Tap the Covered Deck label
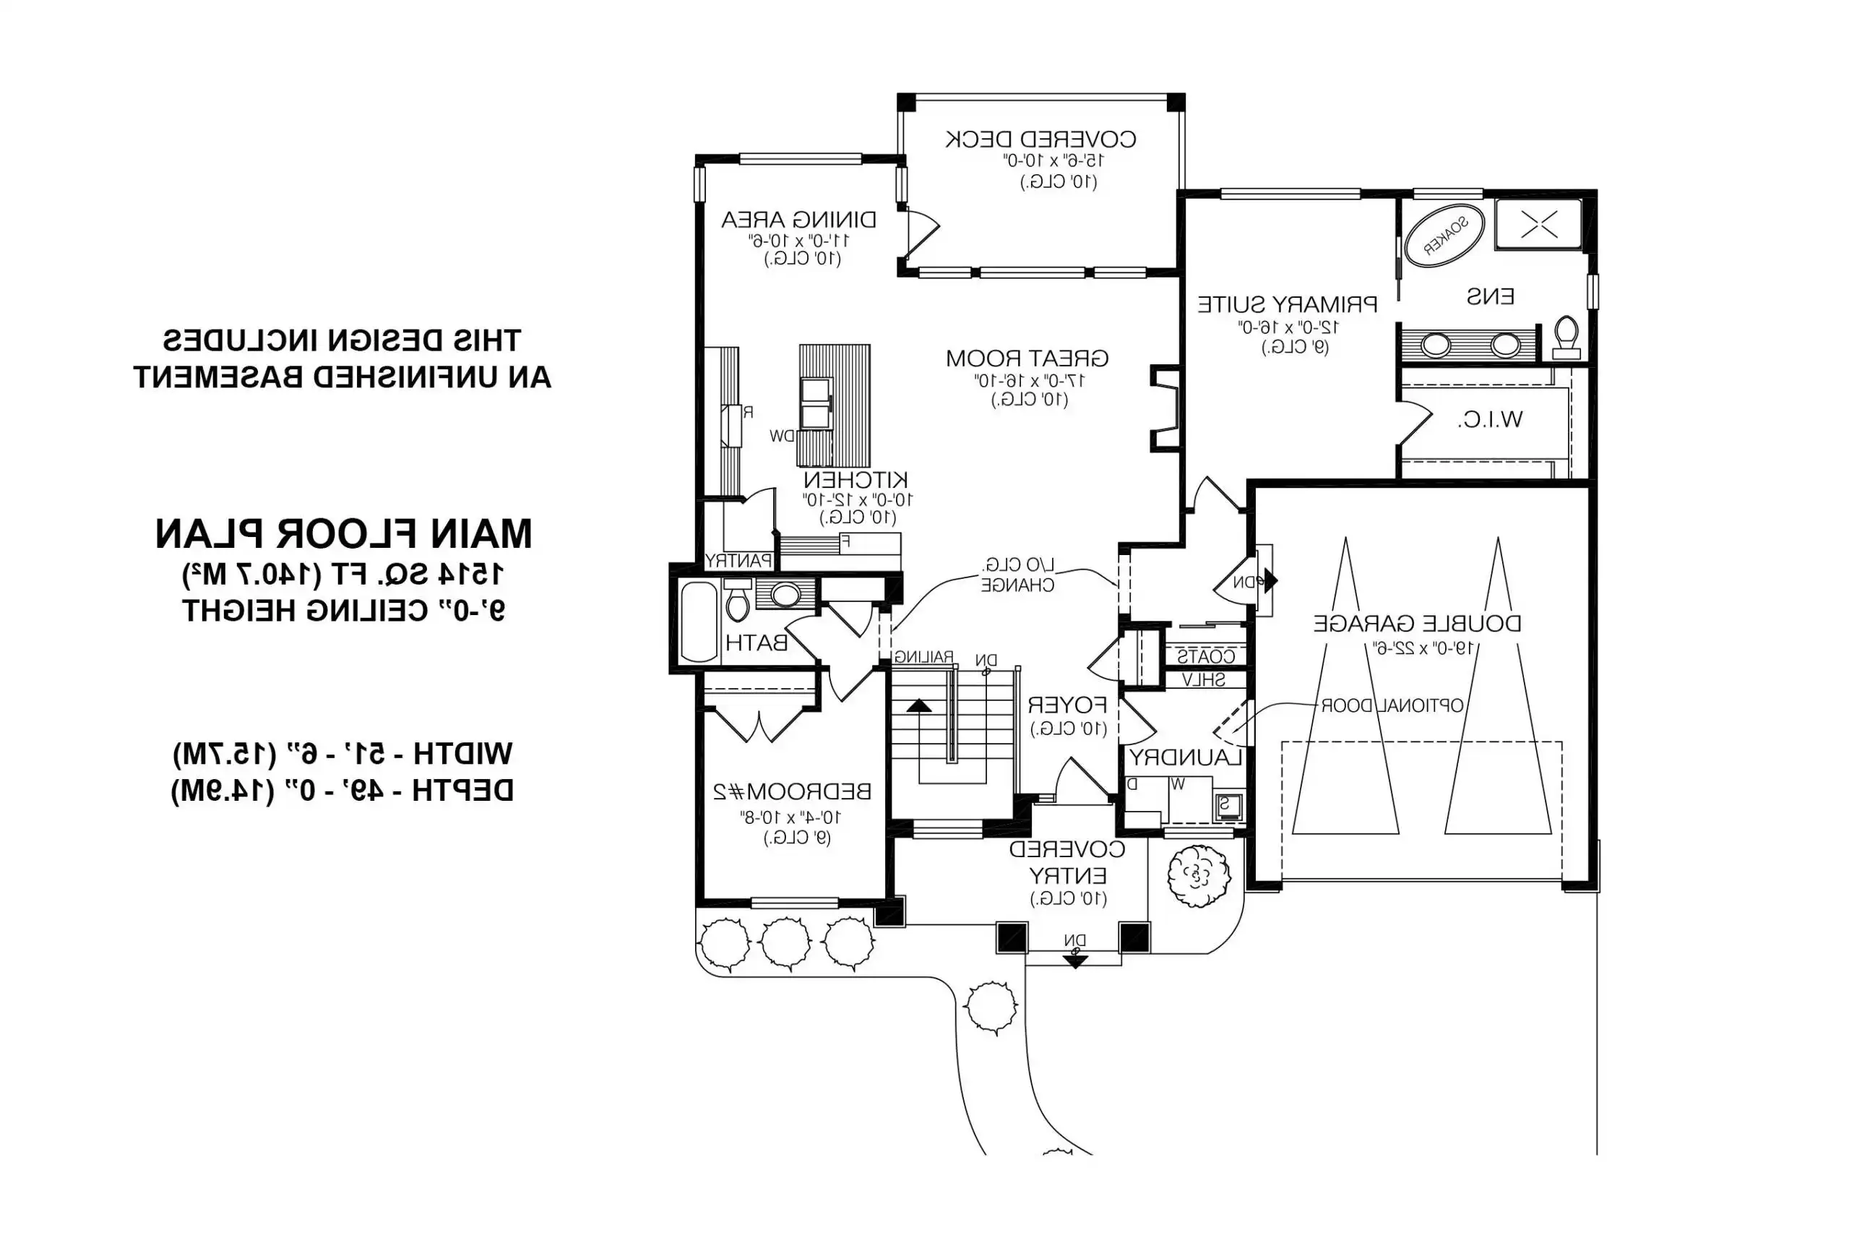[1040, 140]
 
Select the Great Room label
[1027, 358]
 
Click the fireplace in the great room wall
[1167, 409]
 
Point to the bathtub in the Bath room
[698, 622]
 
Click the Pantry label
[738, 561]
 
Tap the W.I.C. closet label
[1490, 420]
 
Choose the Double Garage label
[1417, 624]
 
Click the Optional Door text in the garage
[1392, 705]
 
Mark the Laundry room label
[1185, 757]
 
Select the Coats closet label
[1205, 656]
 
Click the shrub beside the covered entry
[1197, 875]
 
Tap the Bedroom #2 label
[792, 791]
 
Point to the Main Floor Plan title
[343, 534]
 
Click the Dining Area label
[798, 220]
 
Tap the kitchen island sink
[816, 403]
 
